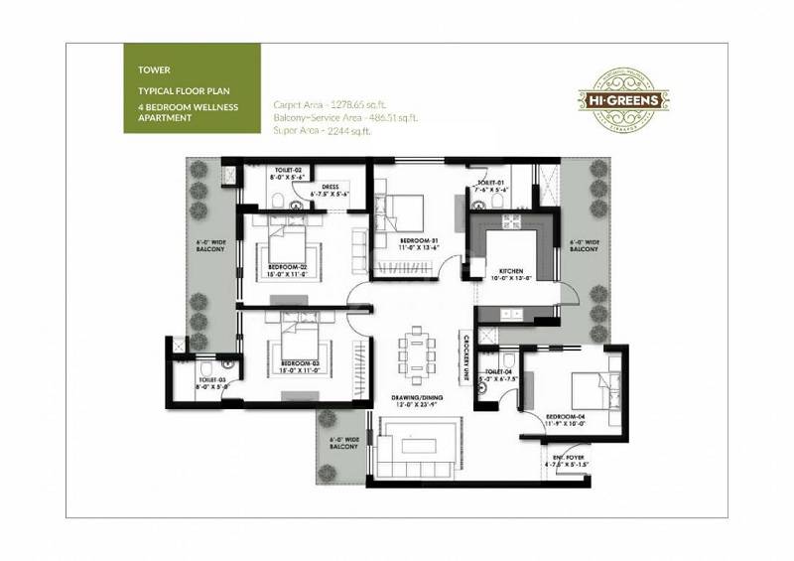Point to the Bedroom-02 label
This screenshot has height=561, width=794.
tap(291, 267)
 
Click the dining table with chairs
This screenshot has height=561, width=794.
tap(415, 349)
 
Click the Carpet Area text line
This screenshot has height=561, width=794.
tap(328, 103)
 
